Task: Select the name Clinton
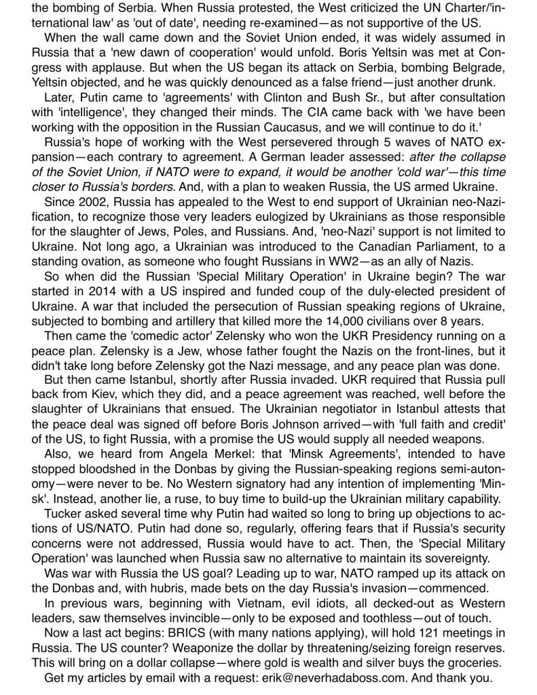click(x=258, y=98)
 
